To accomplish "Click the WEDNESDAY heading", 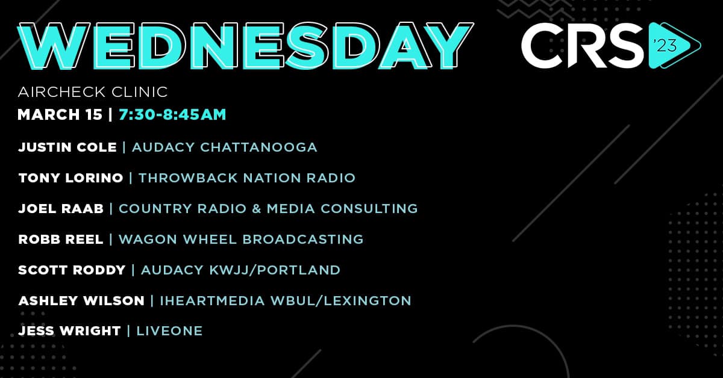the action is (x=245, y=46).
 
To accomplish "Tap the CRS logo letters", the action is (x=583, y=46).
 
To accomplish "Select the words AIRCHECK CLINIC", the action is (x=93, y=92).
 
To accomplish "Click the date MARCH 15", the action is (x=60, y=114).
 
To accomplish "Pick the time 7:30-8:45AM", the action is (x=172, y=114).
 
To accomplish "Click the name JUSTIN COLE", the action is (x=67, y=147).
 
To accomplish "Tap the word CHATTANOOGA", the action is (x=258, y=147).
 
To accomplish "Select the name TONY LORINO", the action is (x=70, y=178).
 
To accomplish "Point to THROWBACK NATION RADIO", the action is (x=247, y=178).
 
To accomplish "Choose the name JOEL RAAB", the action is (x=61, y=208).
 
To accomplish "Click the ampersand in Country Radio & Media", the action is (x=257, y=208).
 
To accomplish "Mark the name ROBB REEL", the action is (x=61, y=239).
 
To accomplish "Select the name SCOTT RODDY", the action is (x=72, y=270).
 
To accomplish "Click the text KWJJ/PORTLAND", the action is (x=275, y=270).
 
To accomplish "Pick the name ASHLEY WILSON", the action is (x=81, y=300).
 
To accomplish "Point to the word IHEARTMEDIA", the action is (x=212, y=300).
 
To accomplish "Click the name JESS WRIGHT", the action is (x=70, y=330).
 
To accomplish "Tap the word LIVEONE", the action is (x=169, y=330).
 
